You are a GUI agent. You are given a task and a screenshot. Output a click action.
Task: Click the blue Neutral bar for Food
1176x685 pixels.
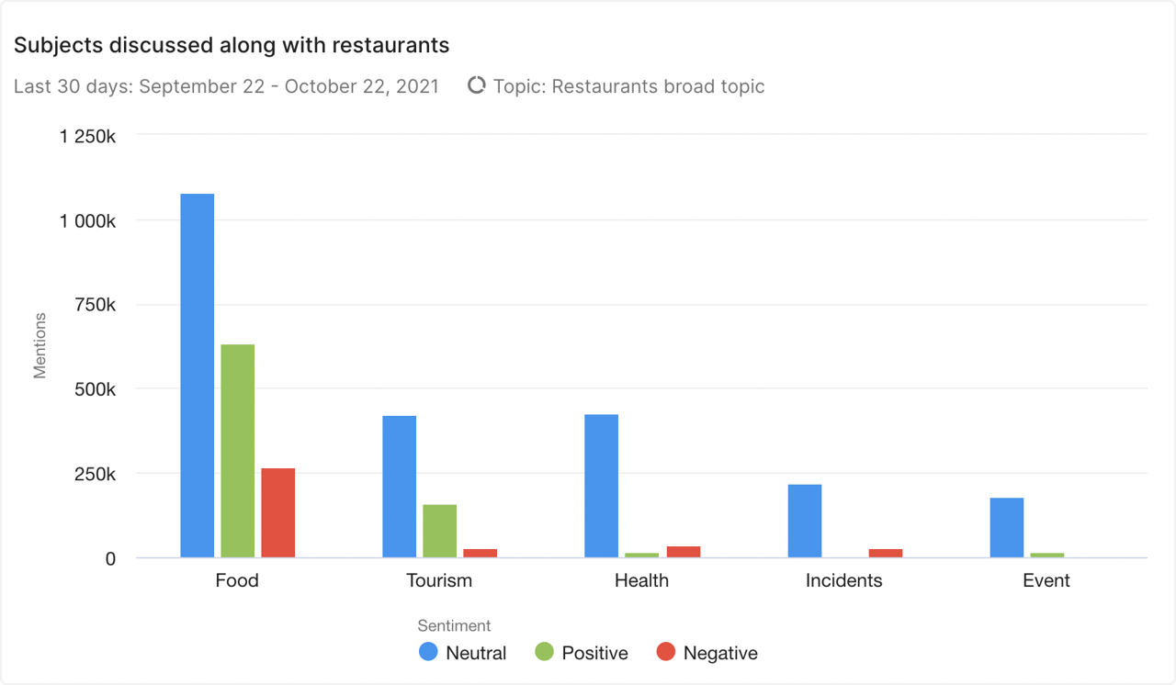coord(197,376)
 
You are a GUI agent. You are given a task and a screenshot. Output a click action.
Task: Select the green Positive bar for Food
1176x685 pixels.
coord(237,451)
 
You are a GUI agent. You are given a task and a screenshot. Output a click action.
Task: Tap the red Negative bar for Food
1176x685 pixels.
coord(277,512)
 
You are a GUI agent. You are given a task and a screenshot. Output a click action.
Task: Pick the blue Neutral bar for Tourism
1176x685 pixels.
coord(399,487)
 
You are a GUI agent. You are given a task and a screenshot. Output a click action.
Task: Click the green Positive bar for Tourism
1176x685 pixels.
coord(439,531)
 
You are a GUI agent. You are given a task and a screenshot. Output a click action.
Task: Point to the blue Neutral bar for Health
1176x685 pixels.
coord(601,486)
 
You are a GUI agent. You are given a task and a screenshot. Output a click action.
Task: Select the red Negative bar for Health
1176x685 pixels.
coord(683,552)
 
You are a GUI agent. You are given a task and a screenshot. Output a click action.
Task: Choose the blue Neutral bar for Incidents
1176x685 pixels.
coord(804,521)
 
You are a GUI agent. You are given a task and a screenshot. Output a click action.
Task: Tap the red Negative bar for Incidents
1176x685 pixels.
coord(885,553)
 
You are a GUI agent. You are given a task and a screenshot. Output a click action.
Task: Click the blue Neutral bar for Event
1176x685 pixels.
coord(1006,527)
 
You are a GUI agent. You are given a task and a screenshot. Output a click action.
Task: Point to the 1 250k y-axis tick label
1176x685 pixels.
coord(87,136)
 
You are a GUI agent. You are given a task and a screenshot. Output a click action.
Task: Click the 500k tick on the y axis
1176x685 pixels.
coord(94,389)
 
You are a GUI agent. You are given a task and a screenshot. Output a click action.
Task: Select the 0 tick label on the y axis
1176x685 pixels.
coord(110,558)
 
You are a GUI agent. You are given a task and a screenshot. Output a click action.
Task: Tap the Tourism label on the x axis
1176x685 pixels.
coord(439,580)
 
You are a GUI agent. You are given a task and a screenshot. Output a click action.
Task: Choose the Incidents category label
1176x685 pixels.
coord(843,580)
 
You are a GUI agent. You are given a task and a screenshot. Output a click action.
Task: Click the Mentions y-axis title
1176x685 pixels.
coord(40,345)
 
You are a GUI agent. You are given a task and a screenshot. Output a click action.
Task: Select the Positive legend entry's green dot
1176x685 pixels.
coord(544,652)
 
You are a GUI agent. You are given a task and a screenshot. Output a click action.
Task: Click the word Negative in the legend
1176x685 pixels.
coord(720,653)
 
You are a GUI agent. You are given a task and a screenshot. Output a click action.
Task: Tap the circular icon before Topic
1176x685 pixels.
coord(476,85)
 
